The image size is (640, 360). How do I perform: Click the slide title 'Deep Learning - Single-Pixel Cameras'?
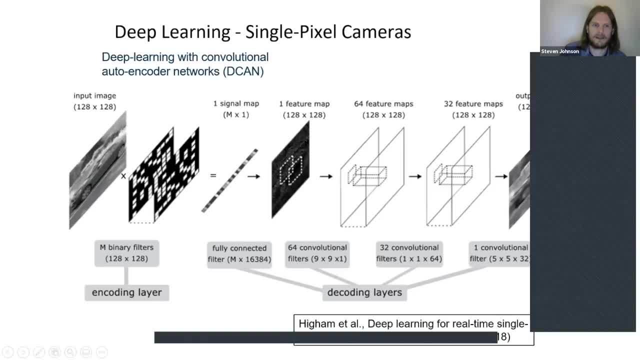click(262, 32)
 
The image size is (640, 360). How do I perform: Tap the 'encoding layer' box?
click(127, 292)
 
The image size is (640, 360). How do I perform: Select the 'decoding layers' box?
click(364, 292)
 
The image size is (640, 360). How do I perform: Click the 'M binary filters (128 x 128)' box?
click(127, 253)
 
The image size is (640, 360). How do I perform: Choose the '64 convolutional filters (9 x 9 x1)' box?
click(317, 253)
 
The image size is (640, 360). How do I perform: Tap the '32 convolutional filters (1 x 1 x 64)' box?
click(409, 253)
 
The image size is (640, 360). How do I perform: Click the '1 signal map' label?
click(236, 104)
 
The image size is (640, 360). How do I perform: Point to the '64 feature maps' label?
click(383, 104)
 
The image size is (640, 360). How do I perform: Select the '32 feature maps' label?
click(473, 104)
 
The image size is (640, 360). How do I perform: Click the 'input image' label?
click(94, 95)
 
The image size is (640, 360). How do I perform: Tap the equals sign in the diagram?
click(213, 176)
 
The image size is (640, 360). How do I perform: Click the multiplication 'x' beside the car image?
click(123, 176)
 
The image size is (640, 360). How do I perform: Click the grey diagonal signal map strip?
click(229, 180)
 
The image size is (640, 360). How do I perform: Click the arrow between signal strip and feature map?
click(253, 176)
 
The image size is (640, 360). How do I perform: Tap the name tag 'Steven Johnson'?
click(560, 51)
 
